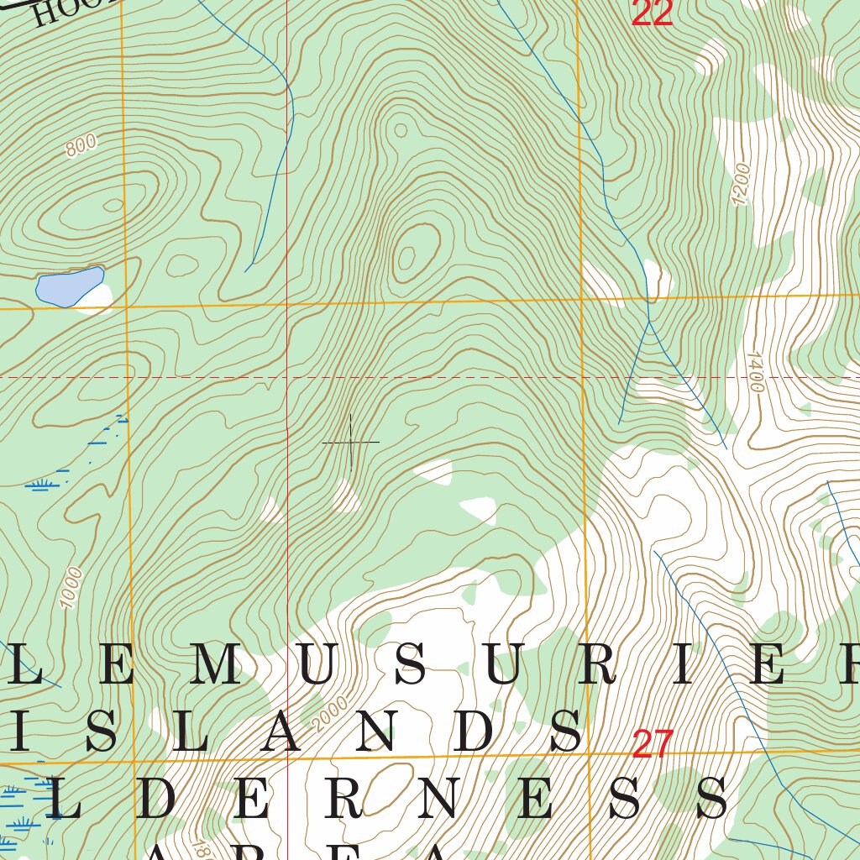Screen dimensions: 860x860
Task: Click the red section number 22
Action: click(x=653, y=13)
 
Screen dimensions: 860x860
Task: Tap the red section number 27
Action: click(x=653, y=744)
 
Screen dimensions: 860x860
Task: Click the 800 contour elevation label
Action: click(x=81, y=145)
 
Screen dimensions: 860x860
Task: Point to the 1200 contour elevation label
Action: click(x=740, y=184)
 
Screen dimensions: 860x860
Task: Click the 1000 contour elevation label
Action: click(x=72, y=587)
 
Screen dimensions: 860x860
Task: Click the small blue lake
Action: click(x=68, y=286)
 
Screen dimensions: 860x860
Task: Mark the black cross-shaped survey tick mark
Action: click(x=351, y=442)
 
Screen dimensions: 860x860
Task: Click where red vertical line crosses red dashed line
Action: click(x=287, y=377)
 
